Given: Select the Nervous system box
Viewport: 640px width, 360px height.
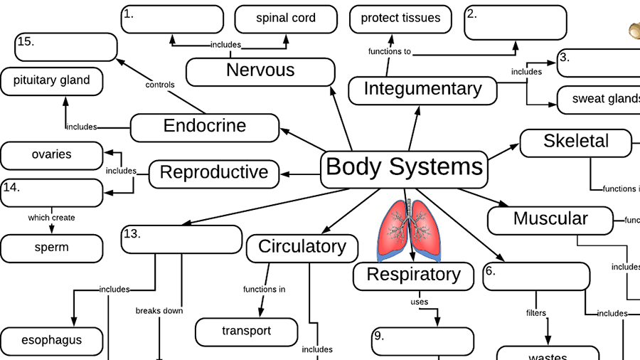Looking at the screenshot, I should [x=260, y=71].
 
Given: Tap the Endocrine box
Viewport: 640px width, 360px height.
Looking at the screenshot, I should [x=205, y=127].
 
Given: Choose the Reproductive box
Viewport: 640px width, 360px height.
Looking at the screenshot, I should [x=214, y=173].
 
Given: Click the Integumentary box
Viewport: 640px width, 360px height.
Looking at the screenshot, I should [x=422, y=90].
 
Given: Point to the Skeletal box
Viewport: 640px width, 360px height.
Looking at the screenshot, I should [x=575, y=142].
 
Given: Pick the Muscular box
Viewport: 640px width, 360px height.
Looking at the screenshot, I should [x=550, y=219].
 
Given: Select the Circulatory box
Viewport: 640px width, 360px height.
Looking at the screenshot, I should [x=302, y=248].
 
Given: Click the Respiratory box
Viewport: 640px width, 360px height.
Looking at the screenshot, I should [x=413, y=275].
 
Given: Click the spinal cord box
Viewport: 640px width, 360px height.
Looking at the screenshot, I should [x=285, y=18].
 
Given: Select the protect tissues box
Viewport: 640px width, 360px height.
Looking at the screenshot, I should [x=400, y=18].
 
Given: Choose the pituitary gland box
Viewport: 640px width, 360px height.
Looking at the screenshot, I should [x=51, y=81].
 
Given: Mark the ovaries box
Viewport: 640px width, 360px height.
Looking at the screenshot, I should [x=51, y=155].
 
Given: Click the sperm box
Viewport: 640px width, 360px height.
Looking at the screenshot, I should [x=51, y=248].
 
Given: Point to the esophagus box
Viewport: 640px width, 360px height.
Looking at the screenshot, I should [x=51, y=341].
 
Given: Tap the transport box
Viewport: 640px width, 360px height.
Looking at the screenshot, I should [x=246, y=332].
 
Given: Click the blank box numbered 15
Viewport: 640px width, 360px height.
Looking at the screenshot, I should [x=66, y=47].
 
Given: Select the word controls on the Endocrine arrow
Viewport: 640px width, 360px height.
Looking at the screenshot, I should [x=159, y=85].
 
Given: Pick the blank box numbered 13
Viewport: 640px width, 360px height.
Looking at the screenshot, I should [x=181, y=239].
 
